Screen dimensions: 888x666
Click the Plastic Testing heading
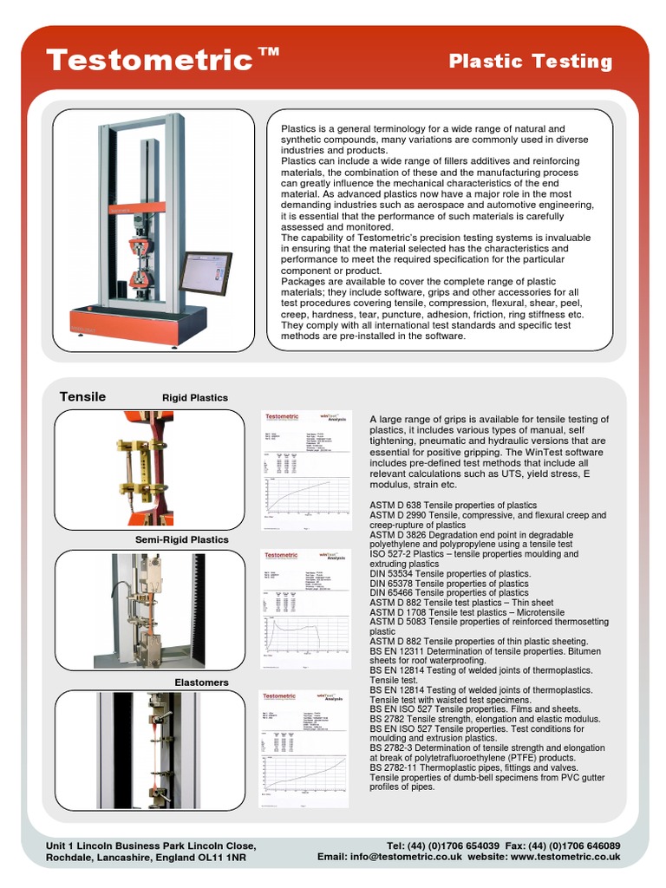[x=530, y=62]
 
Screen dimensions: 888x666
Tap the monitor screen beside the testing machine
[x=205, y=272]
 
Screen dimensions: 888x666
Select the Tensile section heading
[x=82, y=397]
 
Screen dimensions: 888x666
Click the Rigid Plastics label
[x=195, y=398]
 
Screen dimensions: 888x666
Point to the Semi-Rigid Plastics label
[x=182, y=539]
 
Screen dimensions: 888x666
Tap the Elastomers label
[x=202, y=682]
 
